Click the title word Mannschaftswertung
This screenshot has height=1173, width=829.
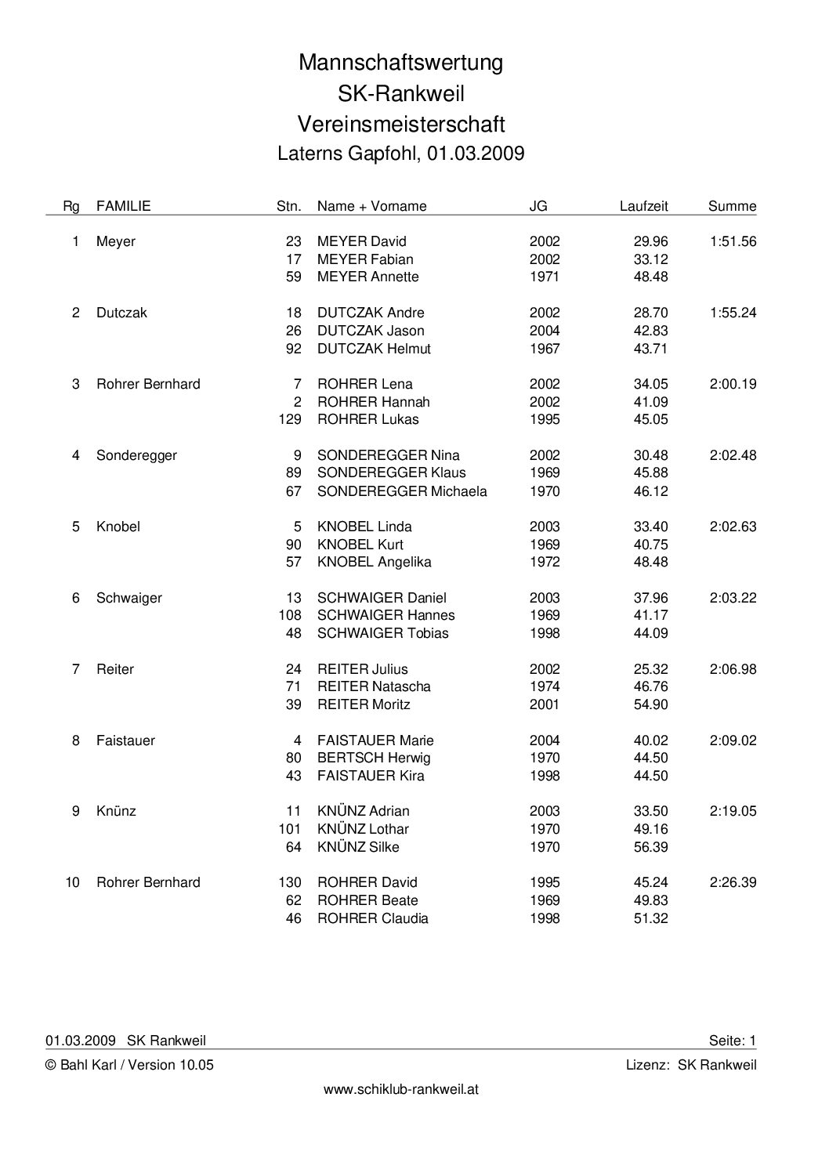coord(400,63)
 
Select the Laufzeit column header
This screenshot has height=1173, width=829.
coord(643,206)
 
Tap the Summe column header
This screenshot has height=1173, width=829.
coord(732,206)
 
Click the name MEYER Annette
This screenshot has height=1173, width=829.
coord(367,277)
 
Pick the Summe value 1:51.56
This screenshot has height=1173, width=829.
coord(733,241)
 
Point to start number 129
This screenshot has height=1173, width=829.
coord(290,419)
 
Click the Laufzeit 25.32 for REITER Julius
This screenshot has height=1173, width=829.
coord(650,669)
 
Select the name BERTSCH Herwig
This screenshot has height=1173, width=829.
coord(374,758)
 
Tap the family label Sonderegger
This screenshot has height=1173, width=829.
coord(136,455)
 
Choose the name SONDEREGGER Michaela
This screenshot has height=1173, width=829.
coord(402,491)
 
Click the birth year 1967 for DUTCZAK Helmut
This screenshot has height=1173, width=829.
coord(545,348)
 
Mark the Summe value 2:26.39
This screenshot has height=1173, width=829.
coord(733,882)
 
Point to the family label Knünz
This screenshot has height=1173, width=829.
coord(116,811)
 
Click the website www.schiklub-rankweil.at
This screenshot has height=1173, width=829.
coord(401,1089)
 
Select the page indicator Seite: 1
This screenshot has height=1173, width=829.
coord(733,1041)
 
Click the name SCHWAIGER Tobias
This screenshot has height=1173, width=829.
coord(382,633)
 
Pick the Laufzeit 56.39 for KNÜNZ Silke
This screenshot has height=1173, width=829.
coord(650,847)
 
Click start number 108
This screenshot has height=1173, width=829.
coord(290,615)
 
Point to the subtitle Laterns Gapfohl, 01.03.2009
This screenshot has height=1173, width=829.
coord(400,153)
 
